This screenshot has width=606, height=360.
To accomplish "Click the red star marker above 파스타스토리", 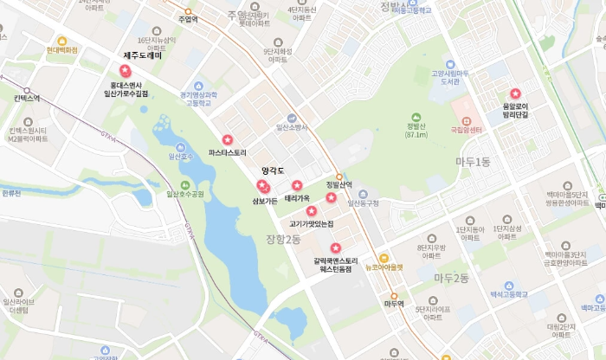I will point(227,139).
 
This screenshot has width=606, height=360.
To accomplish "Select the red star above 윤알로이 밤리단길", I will point(515,93).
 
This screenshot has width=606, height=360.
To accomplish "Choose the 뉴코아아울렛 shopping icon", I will point(384,257).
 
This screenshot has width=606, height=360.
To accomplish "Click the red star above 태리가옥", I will point(297,185).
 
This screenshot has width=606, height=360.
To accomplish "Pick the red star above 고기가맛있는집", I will point(311,210).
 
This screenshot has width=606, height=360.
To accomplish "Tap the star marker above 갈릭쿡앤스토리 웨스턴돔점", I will point(336,248).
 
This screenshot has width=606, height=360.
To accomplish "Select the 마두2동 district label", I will point(451,278).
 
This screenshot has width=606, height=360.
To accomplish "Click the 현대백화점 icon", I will point(61,41).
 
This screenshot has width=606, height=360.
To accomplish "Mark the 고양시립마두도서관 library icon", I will point(448,65).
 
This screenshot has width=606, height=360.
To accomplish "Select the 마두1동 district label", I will point(473,162).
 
